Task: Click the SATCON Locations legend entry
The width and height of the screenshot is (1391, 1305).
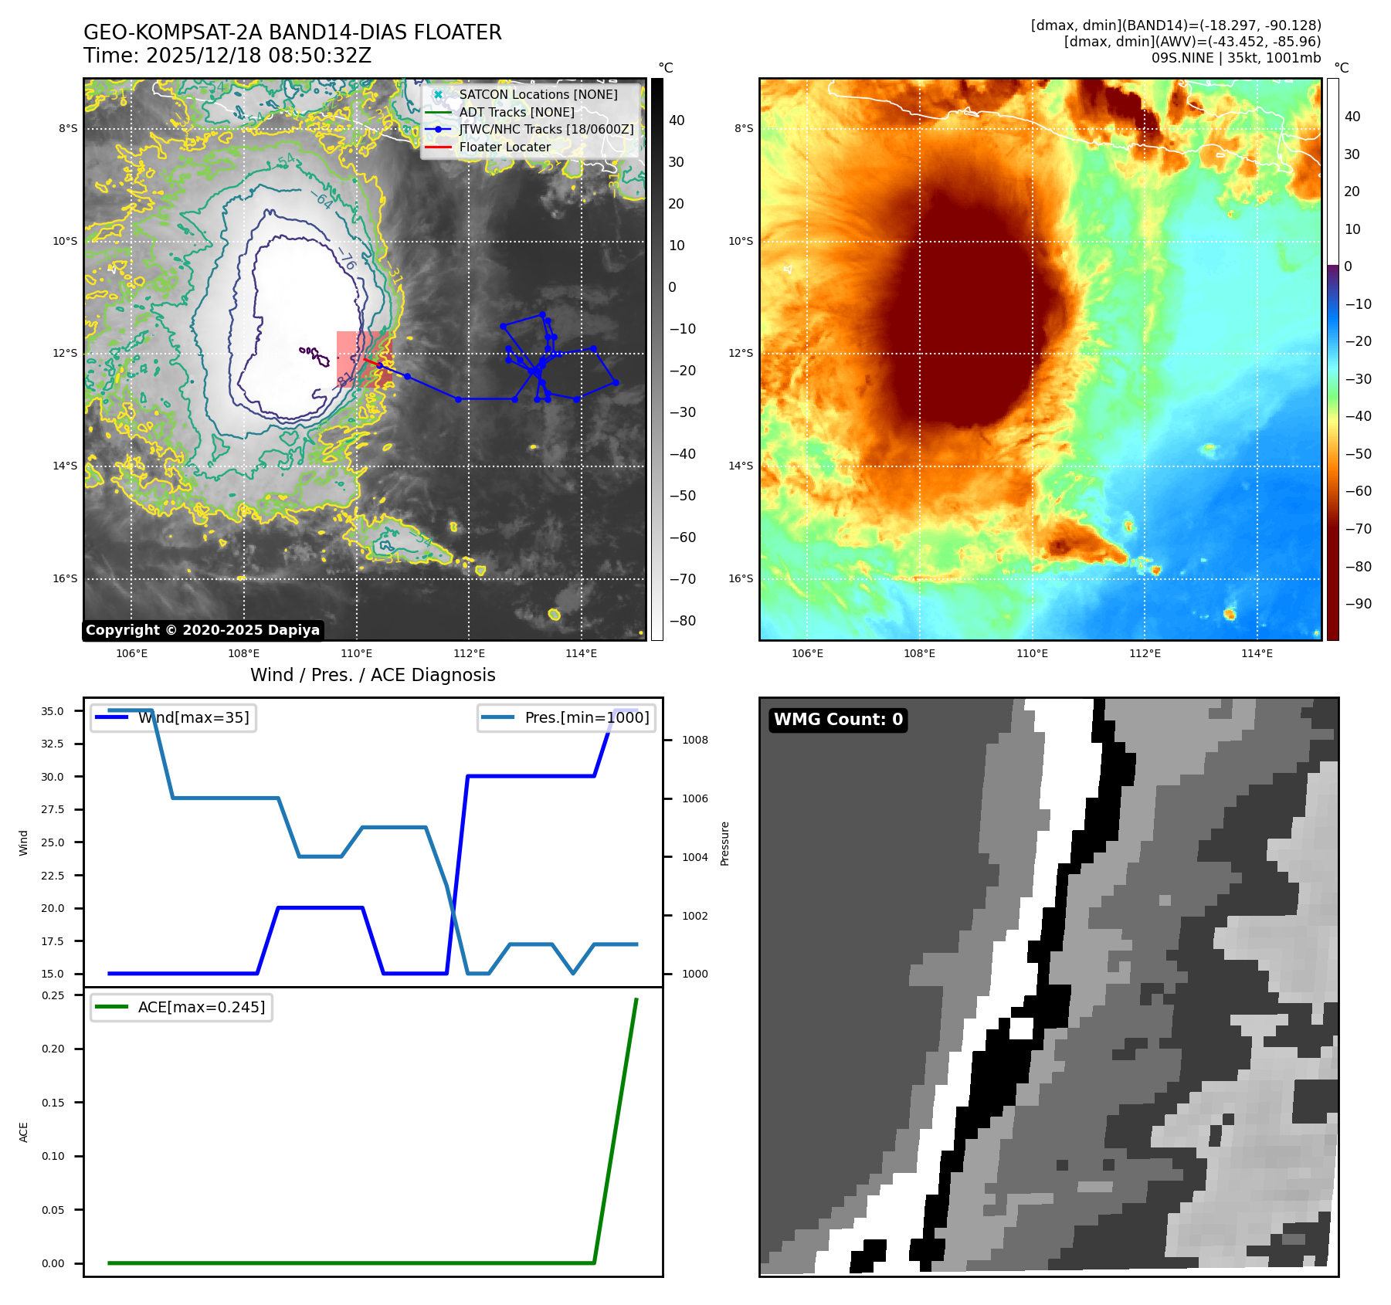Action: coord(538,95)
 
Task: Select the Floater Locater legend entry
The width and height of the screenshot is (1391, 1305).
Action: coord(504,147)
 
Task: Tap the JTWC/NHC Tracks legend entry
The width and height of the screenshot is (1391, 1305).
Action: coord(545,130)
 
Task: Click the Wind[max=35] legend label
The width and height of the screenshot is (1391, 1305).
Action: coord(193,718)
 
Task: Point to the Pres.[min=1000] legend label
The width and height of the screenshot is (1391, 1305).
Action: coord(586,718)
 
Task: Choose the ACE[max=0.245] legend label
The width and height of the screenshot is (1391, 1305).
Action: coord(201,1008)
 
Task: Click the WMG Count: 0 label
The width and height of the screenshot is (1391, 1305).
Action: coord(838,720)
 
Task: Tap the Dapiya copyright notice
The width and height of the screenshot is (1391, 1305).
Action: coord(202,630)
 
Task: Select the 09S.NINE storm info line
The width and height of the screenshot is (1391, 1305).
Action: coord(1236,58)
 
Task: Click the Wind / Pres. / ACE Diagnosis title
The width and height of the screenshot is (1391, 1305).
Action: coord(373,676)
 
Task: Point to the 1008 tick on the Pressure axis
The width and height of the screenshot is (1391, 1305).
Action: coord(694,741)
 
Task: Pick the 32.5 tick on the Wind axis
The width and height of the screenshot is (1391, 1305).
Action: coord(53,744)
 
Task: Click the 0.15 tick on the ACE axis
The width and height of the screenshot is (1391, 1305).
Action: coord(53,1103)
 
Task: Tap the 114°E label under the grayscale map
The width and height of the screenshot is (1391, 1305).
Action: coord(581,654)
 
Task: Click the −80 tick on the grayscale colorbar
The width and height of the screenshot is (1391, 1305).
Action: coord(682,621)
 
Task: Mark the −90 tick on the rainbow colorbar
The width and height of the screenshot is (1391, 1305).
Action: coord(1358,604)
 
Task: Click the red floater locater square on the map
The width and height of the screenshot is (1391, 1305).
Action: coord(364,359)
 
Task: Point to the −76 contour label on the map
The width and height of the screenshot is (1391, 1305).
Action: coord(347,259)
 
